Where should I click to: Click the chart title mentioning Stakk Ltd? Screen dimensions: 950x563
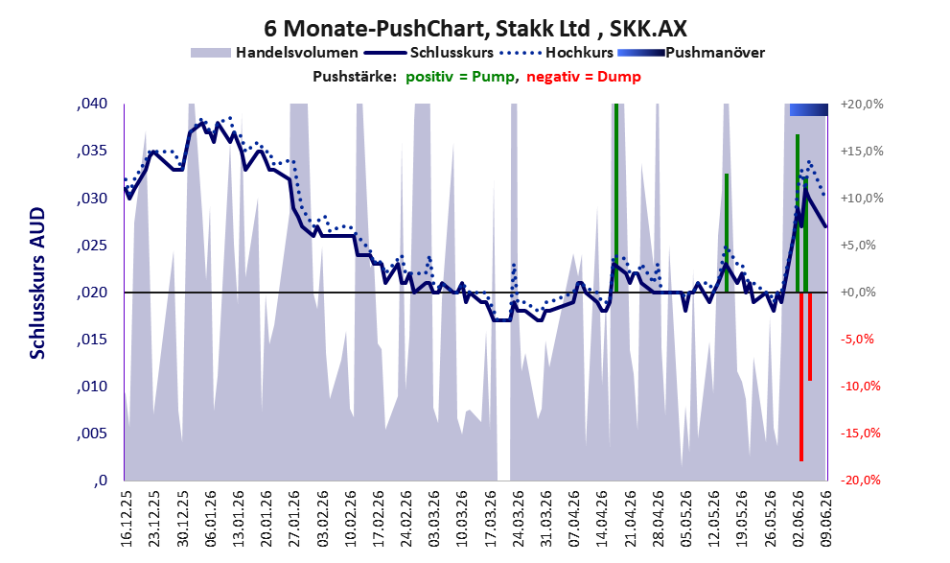point(475,28)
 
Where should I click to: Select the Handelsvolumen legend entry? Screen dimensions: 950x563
point(274,53)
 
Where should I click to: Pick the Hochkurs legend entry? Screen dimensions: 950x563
point(557,53)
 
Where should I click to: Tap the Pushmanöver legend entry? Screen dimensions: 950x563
point(691,53)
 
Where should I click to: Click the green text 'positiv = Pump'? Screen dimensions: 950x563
point(460,77)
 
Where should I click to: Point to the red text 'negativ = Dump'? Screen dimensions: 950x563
point(584,77)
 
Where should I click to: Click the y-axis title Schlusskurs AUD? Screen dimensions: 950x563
point(37,283)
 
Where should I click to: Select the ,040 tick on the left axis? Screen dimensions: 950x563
point(92,104)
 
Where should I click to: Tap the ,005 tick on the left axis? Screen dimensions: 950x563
point(92,434)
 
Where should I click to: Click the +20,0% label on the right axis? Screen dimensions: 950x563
point(862,105)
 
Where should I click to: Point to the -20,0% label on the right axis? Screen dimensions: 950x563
point(861,481)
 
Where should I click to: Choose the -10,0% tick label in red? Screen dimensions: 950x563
point(861,387)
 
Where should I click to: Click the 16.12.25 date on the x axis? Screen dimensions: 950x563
point(127,518)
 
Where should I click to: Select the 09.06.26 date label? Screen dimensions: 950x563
point(826,518)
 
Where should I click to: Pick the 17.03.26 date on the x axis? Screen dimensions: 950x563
point(491,518)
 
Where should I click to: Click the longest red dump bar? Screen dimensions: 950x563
point(801,377)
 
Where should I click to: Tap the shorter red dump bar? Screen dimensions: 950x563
point(810,337)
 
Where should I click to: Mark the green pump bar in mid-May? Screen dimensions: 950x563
point(727,233)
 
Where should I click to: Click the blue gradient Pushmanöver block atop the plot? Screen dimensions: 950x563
point(809,109)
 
